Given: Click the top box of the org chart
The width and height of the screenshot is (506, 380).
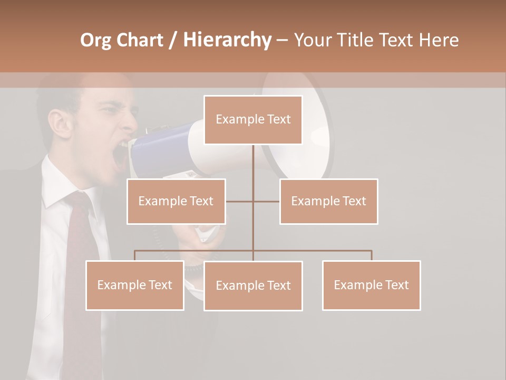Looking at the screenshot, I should coord(253,120).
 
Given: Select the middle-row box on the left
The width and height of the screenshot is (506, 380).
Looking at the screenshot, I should coord(176,201).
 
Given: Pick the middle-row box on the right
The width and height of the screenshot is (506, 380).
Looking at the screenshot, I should coord(328,201).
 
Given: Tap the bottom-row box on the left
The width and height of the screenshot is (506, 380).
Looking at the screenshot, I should coord(135,285).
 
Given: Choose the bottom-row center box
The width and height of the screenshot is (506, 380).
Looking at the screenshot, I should coord(253,286).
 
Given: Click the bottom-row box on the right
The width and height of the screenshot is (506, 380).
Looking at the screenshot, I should coord(371,285).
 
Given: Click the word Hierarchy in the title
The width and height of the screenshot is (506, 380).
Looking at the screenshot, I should coord(227,40).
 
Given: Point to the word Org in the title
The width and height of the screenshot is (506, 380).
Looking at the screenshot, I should coord(96,40).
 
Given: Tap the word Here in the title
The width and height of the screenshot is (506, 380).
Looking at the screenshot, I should coord(439,40).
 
